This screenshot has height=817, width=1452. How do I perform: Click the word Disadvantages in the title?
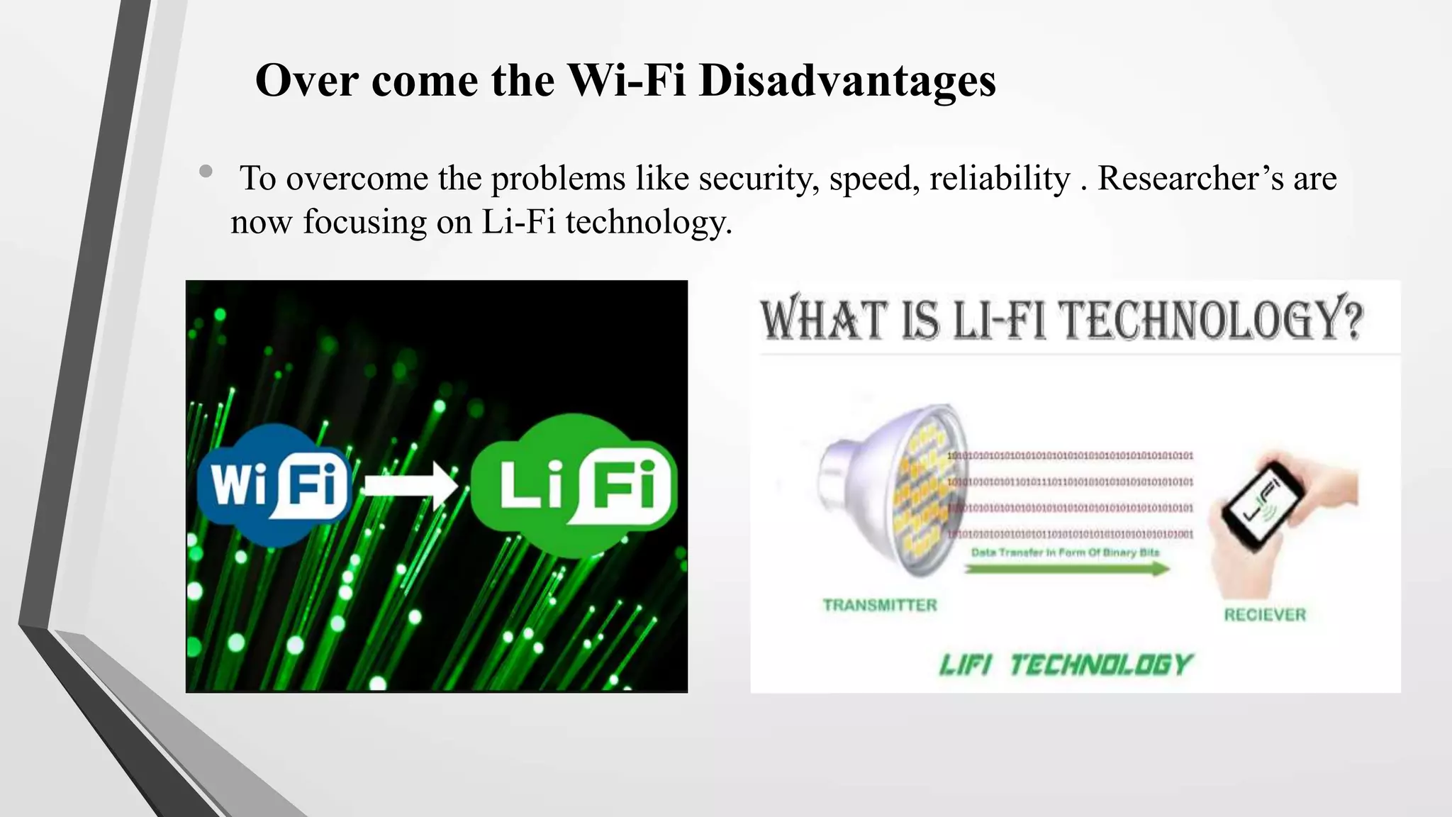coord(847,81)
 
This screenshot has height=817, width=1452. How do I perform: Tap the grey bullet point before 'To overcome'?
coord(206,171)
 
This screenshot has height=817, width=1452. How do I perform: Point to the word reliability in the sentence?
coord(1000,178)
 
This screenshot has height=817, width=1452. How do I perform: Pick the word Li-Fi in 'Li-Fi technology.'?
coord(518,222)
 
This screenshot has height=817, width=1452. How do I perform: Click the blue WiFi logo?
coord(274,485)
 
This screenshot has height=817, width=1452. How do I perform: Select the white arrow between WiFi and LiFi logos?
coord(410,486)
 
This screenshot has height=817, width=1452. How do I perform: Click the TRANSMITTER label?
coord(879,605)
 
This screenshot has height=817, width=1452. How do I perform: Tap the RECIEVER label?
coord(1264,615)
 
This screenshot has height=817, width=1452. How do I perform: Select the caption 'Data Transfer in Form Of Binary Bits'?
coord(1065,552)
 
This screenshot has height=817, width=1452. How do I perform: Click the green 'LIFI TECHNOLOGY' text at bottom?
coord(1066,665)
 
